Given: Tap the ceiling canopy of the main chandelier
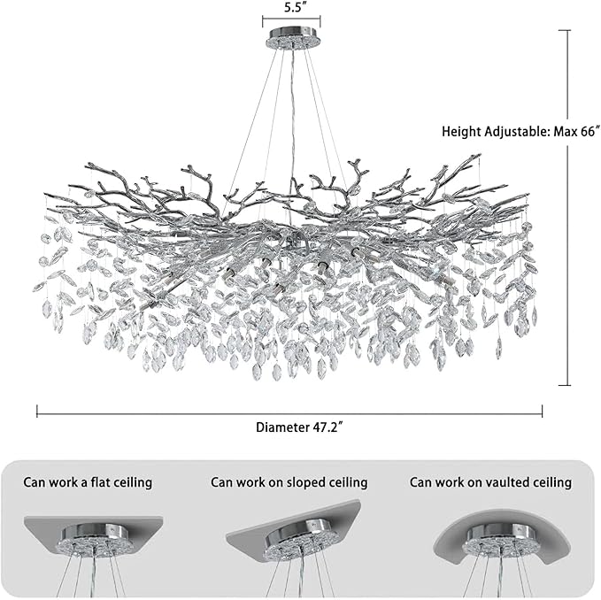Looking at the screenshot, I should [x=292, y=40].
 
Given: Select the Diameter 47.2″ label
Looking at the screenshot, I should [x=299, y=427].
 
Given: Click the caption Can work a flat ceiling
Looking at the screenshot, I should [x=88, y=482].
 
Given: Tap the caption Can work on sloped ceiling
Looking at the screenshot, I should [x=289, y=482].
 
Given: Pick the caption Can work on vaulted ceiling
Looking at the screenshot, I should [x=489, y=482].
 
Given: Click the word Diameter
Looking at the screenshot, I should [x=280, y=427].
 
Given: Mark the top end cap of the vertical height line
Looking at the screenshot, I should [x=566, y=29].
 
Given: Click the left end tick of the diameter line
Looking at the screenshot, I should [x=37, y=410].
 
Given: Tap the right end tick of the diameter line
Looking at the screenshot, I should [x=543, y=410].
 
